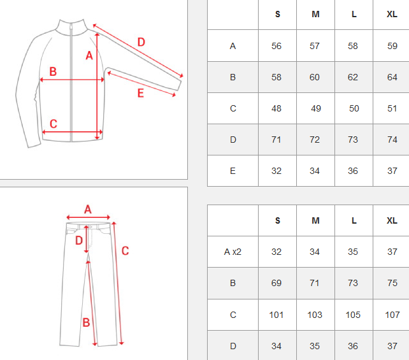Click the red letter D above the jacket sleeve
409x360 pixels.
(141, 42)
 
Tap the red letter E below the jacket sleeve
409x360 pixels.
(141, 93)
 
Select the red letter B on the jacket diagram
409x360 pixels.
(53, 71)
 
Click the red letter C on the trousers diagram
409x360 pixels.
(126, 250)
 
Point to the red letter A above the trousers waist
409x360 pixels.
(88, 209)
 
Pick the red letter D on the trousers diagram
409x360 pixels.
(79, 240)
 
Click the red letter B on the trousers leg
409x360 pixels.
(86, 322)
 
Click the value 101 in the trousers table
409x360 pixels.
(276, 315)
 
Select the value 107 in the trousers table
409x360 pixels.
(392, 315)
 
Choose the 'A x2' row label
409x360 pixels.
(233, 252)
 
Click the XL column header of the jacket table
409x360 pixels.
(392, 14)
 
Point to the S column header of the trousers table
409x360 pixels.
(278, 220)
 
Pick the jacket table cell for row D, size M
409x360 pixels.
(315, 140)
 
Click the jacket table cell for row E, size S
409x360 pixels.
(277, 171)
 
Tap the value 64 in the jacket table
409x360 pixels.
(392, 77)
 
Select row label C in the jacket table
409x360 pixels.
(233, 108)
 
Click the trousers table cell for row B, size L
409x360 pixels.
(354, 283)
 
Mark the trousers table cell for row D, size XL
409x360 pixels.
(391, 346)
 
